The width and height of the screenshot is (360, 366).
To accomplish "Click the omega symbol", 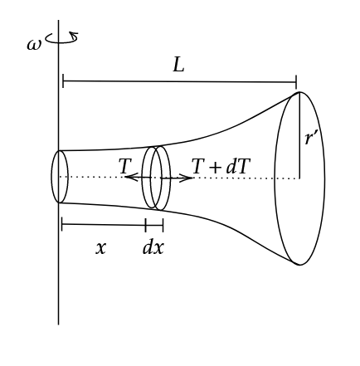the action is [x=34, y=45].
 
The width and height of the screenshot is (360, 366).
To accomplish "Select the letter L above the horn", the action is [x=178, y=66].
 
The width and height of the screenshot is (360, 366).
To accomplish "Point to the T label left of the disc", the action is [x=125, y=166].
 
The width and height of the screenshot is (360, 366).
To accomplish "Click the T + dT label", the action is [x=221, y=166].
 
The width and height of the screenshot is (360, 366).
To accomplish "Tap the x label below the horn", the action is [x=100, y=248].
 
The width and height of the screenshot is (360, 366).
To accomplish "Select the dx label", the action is [x=153, y=246].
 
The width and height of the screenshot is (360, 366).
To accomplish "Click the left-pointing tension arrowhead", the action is [x=131, y=177].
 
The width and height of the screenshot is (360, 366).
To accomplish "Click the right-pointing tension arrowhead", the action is [x=186, y=178].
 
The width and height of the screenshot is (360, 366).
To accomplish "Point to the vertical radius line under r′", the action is [x=299, y=135].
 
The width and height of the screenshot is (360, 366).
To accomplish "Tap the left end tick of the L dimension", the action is [x=63, y=81].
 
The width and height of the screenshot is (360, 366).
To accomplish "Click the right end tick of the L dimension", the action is [x=296, y=82].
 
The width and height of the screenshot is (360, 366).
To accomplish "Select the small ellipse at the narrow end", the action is [x=51, y=177].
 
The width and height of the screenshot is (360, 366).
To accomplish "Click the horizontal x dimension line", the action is [x=104, y=225].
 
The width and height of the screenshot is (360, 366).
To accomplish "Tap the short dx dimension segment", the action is [x=154, y=225].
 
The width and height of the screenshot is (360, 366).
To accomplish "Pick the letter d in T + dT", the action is [x=231, y=167].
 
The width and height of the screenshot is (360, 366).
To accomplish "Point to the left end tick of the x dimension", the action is [x=62, y=224].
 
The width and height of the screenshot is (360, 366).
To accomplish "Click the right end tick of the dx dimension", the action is [x=163, y=225].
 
